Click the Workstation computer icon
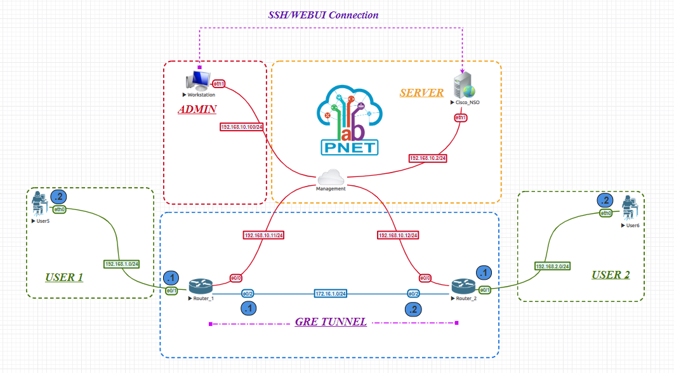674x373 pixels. pos(197,81)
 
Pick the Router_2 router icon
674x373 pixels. pos(463,287)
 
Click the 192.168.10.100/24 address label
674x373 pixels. pos(242,127)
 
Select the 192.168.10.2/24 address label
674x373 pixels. pos(428,157)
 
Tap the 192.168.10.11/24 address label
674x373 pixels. pos(263,235)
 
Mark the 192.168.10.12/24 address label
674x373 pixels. pos(399,235)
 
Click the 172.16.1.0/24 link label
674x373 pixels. pos(331,294)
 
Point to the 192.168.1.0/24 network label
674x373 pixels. pos(121,263)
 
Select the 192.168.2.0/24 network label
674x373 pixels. pos(553,266)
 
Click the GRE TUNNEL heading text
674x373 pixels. pos(331,322)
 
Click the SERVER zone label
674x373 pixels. pos(421,93)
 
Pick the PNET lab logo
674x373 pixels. pos(348,122)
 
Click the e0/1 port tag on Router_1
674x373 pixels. pos(171,291)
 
